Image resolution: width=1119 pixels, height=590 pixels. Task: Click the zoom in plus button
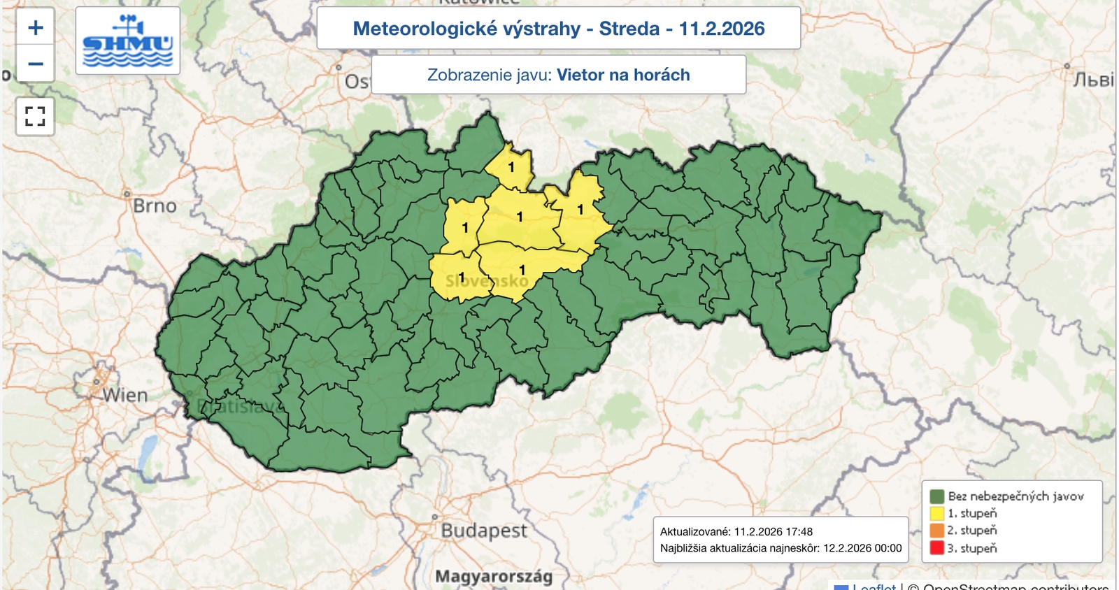coord(36,28)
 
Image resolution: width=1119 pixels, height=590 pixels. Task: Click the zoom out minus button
coord(36,64)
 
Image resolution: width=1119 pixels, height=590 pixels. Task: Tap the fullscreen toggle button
coord(35,116)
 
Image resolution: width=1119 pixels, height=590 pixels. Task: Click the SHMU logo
coord(127,41)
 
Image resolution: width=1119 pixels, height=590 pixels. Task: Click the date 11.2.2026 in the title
coord(722,29)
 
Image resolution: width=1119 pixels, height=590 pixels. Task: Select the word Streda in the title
coord(629,29)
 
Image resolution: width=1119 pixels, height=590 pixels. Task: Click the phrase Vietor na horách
coord(623,75)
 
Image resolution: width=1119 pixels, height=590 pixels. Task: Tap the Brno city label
coord(155,206)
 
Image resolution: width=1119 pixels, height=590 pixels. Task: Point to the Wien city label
coord(125,396)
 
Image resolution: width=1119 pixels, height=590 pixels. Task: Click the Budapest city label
coord(483,531)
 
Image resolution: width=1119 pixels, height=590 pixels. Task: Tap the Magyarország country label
coord(494,577)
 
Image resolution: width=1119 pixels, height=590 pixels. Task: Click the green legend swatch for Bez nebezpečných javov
coord(937,496)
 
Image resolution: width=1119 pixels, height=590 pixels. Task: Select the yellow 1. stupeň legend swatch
coord(937,513)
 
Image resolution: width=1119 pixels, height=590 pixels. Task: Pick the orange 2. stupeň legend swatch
coord(937,531)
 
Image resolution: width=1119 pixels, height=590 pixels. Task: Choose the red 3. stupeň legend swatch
coord(937,548)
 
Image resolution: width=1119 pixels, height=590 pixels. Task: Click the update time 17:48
coord(798,532)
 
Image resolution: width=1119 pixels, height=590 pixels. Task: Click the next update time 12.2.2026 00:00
coord(862,548)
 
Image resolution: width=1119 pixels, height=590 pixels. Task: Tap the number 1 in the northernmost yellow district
coord(511,167)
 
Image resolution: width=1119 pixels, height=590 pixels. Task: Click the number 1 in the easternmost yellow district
coord(580,209)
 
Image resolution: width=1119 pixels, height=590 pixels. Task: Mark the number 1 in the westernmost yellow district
coord(461,277)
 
